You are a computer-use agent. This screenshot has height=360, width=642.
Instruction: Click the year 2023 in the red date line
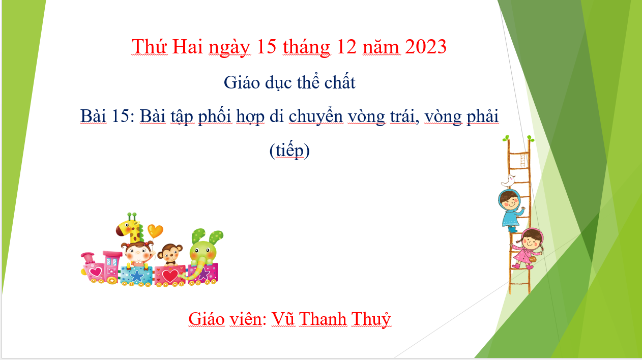coord(426,46)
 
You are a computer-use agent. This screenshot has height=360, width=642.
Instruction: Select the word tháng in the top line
coord(306,47)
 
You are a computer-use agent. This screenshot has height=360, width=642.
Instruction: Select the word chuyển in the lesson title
coord(315,116)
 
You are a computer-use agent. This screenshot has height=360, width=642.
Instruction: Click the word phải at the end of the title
coord(483,117)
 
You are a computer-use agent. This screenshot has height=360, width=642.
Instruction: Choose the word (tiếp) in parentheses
coord(289,151)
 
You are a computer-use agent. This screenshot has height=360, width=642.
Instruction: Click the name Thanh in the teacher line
coord(323,318)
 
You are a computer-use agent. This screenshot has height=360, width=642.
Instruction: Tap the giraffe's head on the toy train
coord(128,226)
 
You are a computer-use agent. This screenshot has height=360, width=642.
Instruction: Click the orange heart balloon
coord(155,231)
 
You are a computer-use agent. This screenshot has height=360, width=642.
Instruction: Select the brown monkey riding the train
coord(170,254)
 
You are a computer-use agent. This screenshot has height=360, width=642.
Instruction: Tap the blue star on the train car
coord(136,276)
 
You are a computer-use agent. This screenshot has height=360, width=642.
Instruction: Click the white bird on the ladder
coord(508,181)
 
